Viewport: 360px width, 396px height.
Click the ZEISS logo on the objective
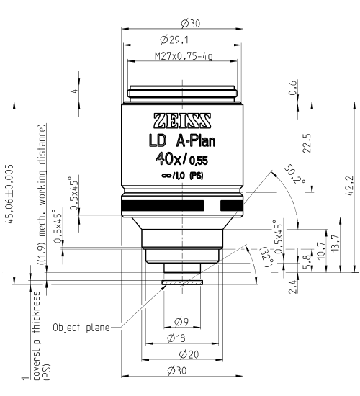pos(181,120)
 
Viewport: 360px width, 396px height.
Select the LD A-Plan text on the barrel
pos(181,140)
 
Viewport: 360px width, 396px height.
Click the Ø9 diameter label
pos(181,322)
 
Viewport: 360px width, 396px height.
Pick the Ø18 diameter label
pos(181,338)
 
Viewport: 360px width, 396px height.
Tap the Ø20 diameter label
pos(181,354)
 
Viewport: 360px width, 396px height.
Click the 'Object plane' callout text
pos(80,328)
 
